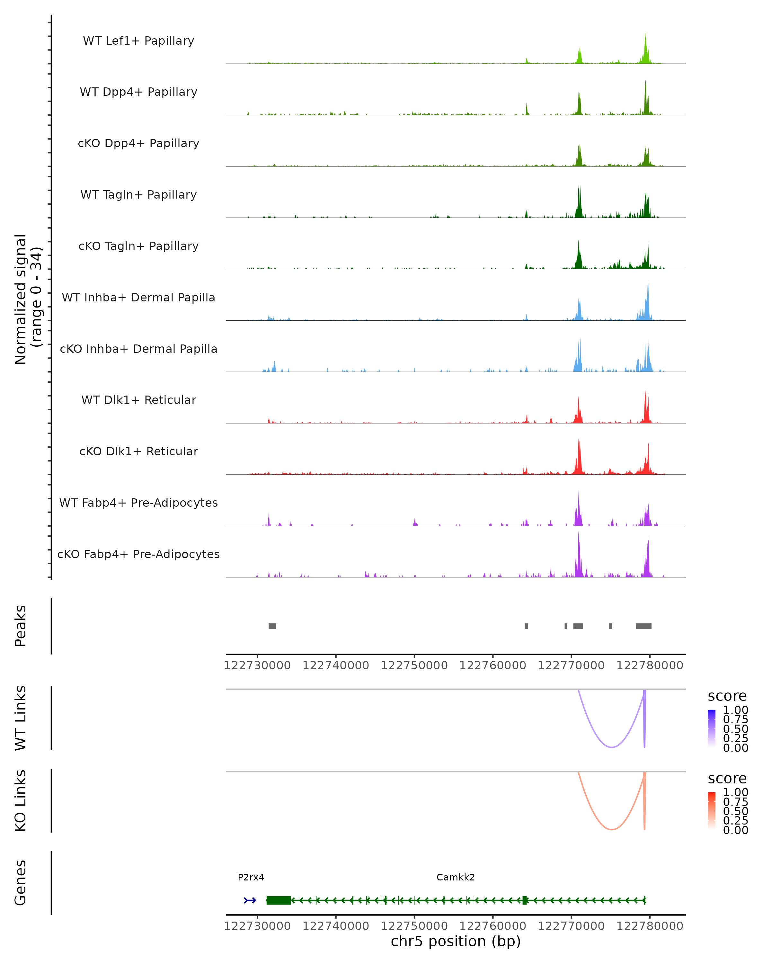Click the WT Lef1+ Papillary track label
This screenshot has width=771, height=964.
tap(138, 41)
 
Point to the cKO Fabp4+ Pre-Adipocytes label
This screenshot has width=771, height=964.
tap(138, 554)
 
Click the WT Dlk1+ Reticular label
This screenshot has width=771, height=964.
tap(138, 400)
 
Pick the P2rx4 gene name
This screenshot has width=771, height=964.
tap(251, 877)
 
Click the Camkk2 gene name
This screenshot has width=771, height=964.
tap(456, 877)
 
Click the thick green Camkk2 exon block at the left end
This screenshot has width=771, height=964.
tap(278, 900)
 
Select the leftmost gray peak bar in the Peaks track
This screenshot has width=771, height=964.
tap(272, 626)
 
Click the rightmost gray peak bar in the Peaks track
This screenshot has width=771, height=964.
tap(643, 626)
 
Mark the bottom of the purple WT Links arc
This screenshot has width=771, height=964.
tap(611, 747)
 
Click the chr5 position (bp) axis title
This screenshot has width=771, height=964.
tap(456, 942)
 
